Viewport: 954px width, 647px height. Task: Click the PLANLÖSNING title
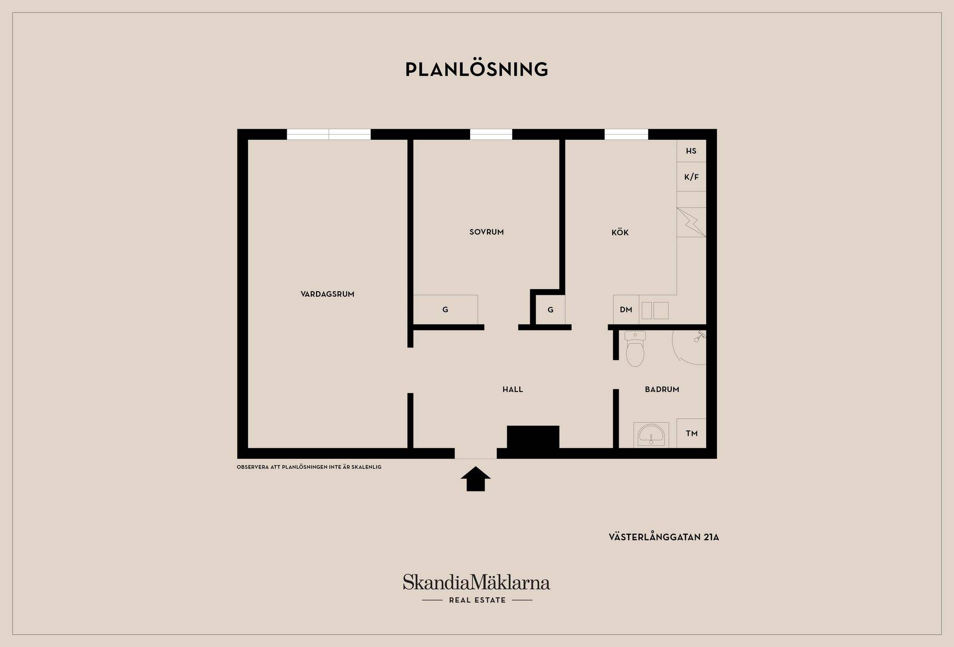tap(477, 69)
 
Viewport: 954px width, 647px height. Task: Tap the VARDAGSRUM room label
tap(327, 294)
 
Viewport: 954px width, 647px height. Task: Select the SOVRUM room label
tap(486, 232)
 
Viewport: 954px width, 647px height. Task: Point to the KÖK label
tap(620, 232)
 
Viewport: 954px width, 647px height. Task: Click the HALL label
tap(513, 390)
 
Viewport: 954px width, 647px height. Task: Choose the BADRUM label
tap(662, 390)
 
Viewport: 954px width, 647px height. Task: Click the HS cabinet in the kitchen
tap(691, 151)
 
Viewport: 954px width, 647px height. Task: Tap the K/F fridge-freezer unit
tap(691, 177)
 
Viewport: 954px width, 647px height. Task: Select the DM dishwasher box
tap(626, 310)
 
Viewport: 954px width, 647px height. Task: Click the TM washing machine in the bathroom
tap(692, 433)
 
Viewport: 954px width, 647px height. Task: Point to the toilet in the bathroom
tap(635, 349)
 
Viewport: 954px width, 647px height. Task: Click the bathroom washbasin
tap(651, 435)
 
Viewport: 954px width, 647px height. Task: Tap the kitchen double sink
tap(655, 311)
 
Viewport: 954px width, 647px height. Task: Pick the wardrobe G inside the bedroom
tap(445, 310)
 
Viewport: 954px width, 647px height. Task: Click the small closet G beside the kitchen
tap(551, 310)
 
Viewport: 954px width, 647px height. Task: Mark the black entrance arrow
tap(476, 479)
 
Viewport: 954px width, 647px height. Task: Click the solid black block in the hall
tap(533, 437)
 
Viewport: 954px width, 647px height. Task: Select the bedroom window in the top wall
tap(491, 134)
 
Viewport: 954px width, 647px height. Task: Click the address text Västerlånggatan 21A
tap(664, 537)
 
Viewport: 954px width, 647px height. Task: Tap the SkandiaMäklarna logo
tap(477, 588)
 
